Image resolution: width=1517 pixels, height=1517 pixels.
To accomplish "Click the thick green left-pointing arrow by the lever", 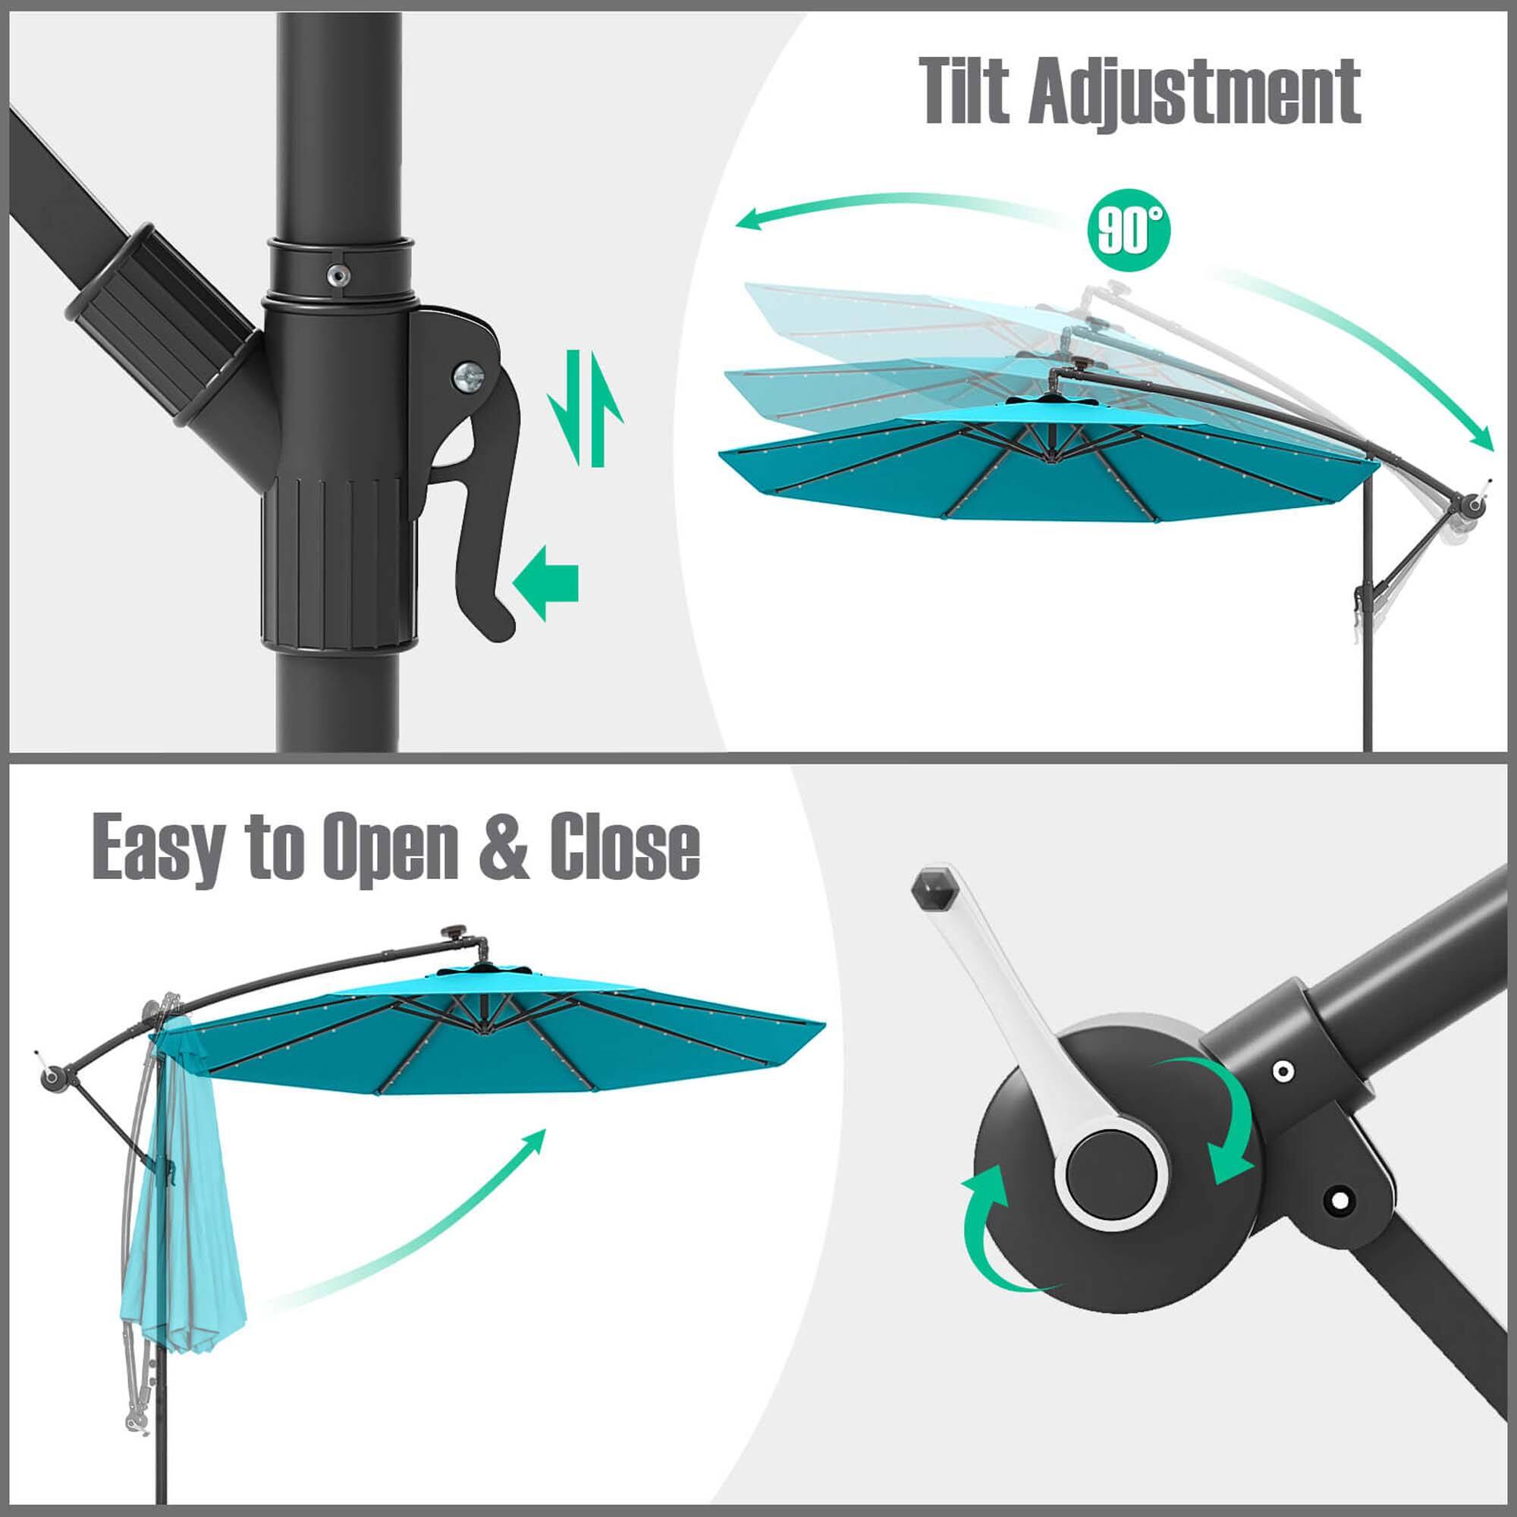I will click(x=545, y=583).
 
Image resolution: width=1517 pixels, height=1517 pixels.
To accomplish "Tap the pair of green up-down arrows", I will click(x=586, y=408).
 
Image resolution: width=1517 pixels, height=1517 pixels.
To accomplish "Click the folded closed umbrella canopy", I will click(x=186, y=1162).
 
